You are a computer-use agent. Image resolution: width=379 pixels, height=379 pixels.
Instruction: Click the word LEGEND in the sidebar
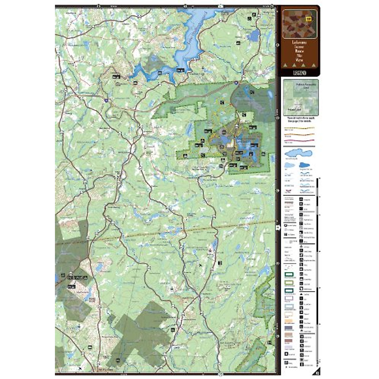(x=299, y=73)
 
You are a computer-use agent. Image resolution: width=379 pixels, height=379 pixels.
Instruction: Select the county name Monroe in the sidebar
(x=299, y=50)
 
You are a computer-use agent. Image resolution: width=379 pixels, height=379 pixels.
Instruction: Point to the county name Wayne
(x=299, y=59)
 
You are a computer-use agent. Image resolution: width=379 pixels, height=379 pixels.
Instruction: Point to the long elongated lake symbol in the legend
(x=298, y=153)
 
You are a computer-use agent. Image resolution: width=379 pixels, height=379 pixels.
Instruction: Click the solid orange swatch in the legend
(x=289, y=321)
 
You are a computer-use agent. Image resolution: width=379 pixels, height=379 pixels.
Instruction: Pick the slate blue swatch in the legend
(x=289, y=328)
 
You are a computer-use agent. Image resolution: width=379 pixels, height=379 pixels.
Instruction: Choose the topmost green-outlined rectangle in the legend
(x=289, y=275)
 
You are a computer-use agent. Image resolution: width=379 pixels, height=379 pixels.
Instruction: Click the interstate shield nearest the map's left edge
(x=106, y=100)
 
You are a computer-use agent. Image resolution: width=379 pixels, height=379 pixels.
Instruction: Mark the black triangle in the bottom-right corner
(x=317, y=372)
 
